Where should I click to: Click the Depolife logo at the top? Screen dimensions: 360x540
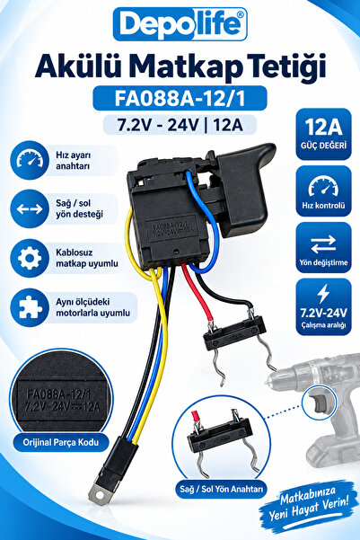pos(180,24)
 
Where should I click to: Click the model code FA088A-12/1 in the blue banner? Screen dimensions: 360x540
pos(180,98)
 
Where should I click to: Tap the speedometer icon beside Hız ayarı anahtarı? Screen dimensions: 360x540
pos(30,160)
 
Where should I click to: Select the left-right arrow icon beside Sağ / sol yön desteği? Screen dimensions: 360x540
pos(30,208)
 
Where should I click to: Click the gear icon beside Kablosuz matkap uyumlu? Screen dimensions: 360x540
pos(30,258)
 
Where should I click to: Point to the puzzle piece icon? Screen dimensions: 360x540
pos(30,307)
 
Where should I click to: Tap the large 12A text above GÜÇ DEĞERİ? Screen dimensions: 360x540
pos(323,127)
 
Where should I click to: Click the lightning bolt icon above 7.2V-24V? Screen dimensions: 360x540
pos(323,294)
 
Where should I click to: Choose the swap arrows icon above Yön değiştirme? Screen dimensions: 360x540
pos(323,244)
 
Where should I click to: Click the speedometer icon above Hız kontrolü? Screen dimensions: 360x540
pos(323,187)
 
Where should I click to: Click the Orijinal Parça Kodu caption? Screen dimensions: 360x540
pos(61,442)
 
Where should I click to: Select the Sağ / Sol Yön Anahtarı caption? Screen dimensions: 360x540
pos(222,489)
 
